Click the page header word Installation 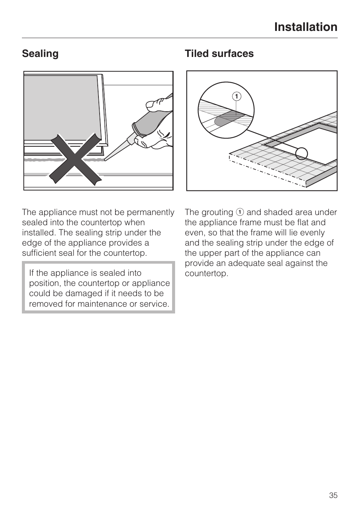[x=306, y=27]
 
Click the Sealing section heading [x=40, y=54]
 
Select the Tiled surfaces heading [x=219, y=54]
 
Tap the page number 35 [x=333, y=495]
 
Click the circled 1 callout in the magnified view [x=237, y=97]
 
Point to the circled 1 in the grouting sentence [x=240, y=212]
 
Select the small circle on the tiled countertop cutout [x=302, y=154]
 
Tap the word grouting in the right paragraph [x=217, y=212]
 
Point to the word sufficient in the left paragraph [x=42, y=253]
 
